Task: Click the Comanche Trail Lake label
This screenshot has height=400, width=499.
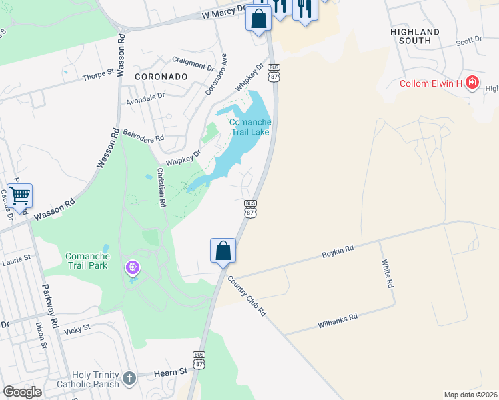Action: [250, 127]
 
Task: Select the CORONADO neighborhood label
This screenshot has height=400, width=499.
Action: [161, 77]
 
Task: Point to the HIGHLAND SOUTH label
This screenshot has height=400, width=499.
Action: [415, 36]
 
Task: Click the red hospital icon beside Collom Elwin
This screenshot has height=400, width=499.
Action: [472, 83]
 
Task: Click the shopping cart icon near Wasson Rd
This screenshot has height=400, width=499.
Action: [20, 196]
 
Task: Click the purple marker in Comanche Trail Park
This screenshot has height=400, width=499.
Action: [133, 268]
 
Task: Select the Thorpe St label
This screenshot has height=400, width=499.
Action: [99, 76]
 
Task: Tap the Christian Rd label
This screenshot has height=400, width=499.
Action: [161, 187]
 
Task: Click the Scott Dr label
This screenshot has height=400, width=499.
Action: [469, 41]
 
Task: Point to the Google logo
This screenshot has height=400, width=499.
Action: [22, 392]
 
